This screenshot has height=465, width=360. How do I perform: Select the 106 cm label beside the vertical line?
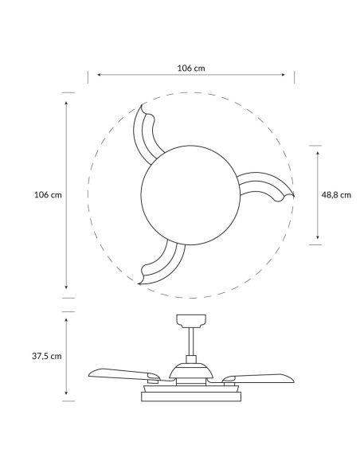click(48, 194)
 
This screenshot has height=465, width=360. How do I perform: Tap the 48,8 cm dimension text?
click(336, 193)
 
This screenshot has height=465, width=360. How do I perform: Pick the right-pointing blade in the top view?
click(264, 190)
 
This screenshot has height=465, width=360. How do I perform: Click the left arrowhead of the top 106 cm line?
click(98, 76)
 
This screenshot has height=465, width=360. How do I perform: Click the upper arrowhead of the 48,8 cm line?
click(318, 150)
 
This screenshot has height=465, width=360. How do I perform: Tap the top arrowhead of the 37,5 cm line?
click(66, 319)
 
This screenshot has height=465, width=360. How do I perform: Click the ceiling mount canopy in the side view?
click(189, 321)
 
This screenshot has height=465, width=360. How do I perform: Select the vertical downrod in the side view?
click(189, 344)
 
